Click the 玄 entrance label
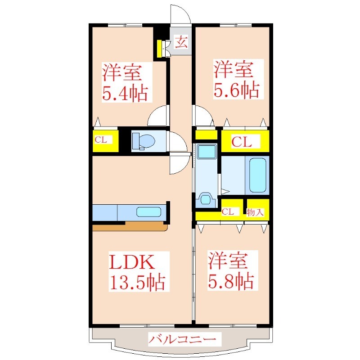[181, 42]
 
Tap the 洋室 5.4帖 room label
[125, 82]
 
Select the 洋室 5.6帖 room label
[237, 79]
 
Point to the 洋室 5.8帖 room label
[231, 270]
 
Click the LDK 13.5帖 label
[138, 272]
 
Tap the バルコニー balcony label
[182, 339]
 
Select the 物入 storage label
[255, 212]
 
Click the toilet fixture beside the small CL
[144, 141]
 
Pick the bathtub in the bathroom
[257, 175]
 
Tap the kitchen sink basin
[149, 211]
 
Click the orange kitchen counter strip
[130, 226]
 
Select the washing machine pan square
[207, 151]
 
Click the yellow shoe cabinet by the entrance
[160, 49]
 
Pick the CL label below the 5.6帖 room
[242, 142]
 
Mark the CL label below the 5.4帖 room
[101, 139]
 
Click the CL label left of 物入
[228, 211]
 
